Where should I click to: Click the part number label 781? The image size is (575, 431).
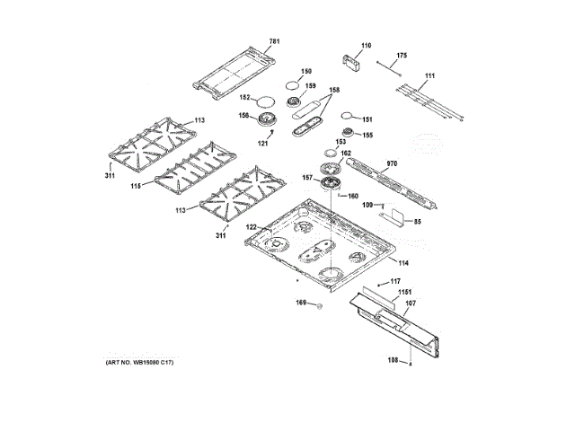(x=275, y=41)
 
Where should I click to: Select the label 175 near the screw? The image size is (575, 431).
(x=402, y=56)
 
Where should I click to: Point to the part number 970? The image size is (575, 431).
(x=391, y=164)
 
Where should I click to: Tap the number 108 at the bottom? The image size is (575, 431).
(x=392, y=362)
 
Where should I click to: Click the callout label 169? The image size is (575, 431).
(x=302, y=304)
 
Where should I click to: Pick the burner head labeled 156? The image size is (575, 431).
(x=267, y=119)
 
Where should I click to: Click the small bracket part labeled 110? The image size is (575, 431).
(x=350, y=60)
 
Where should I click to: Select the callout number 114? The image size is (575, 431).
(x=403, y=263)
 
